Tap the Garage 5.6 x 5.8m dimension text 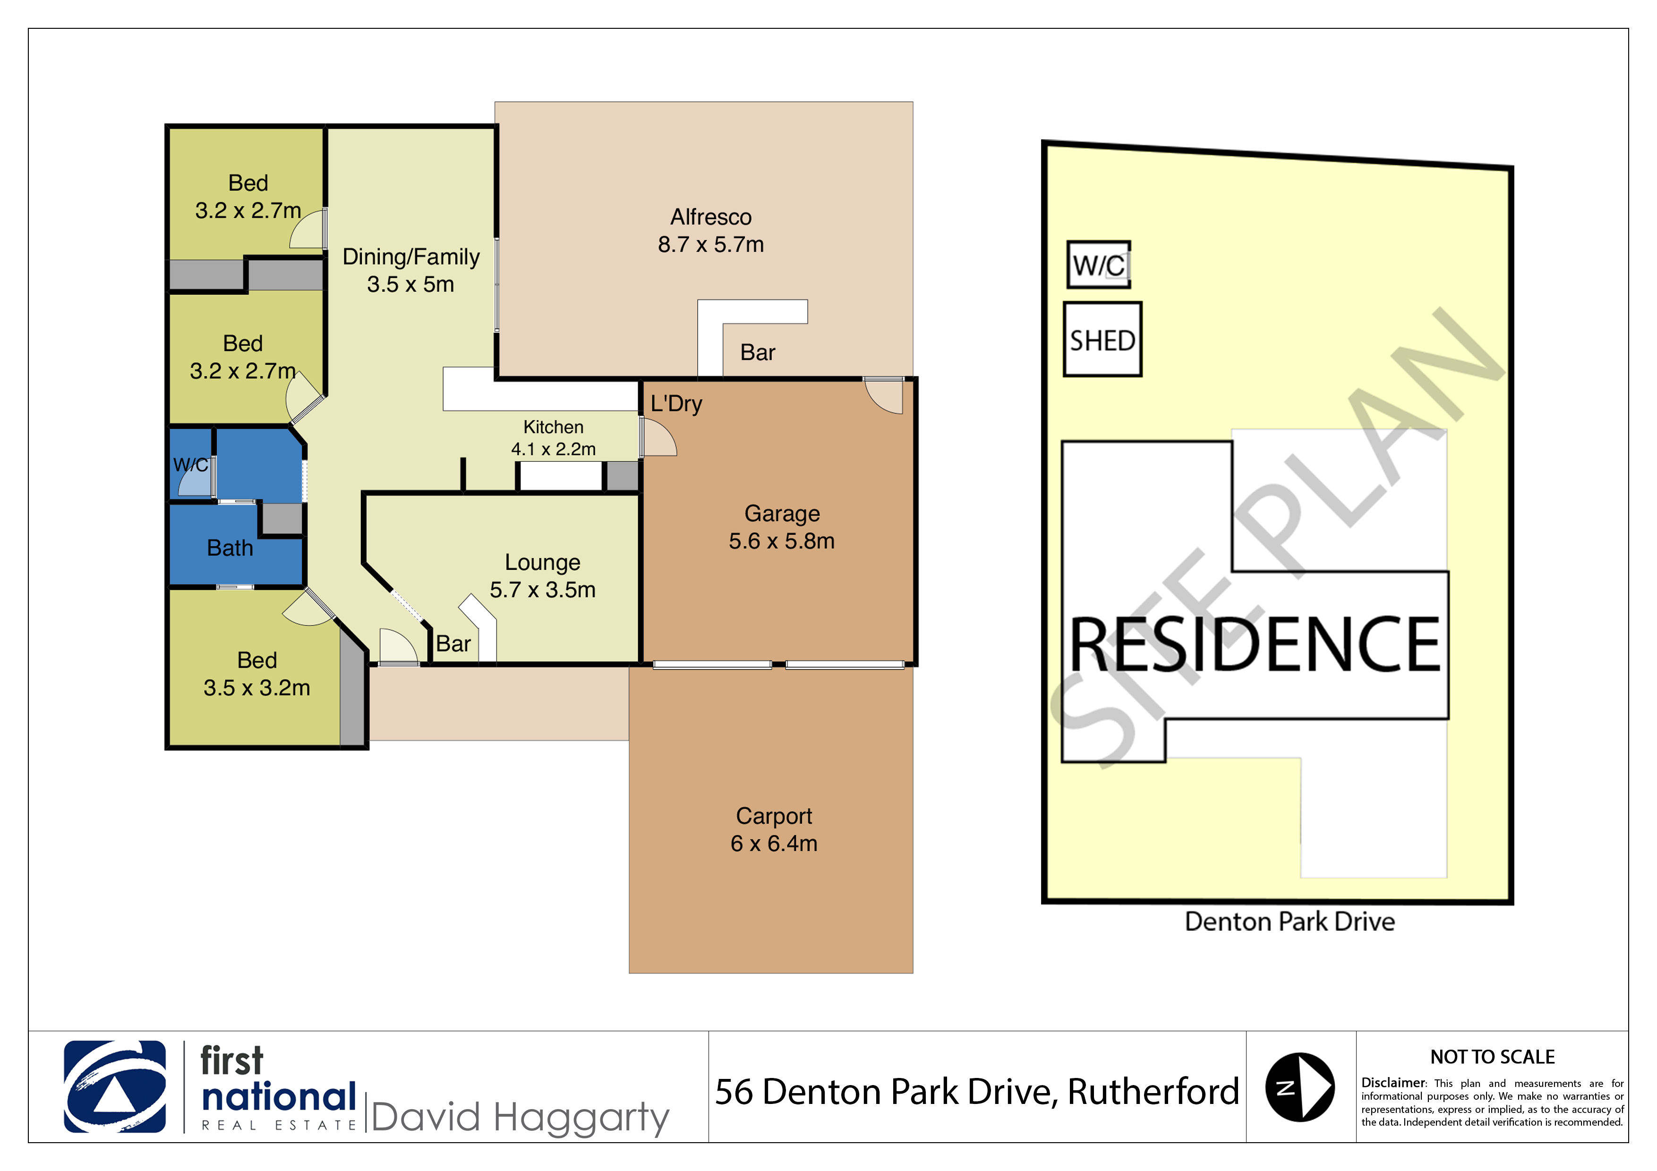click(x=782, y=541)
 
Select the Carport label click(x=774, y=815)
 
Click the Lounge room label click(x=543, y=562)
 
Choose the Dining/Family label click(x=410, y=257)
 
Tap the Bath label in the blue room click(x=230, y=548)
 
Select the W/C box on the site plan click(x=1098, y=265)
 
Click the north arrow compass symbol click(x=1300, y=1087)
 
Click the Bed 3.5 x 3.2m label click(x=257, y=674)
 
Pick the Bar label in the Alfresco click(x=758, y=353)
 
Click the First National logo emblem click(x=115, y=1086)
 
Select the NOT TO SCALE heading click(x=1493, y=1057)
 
